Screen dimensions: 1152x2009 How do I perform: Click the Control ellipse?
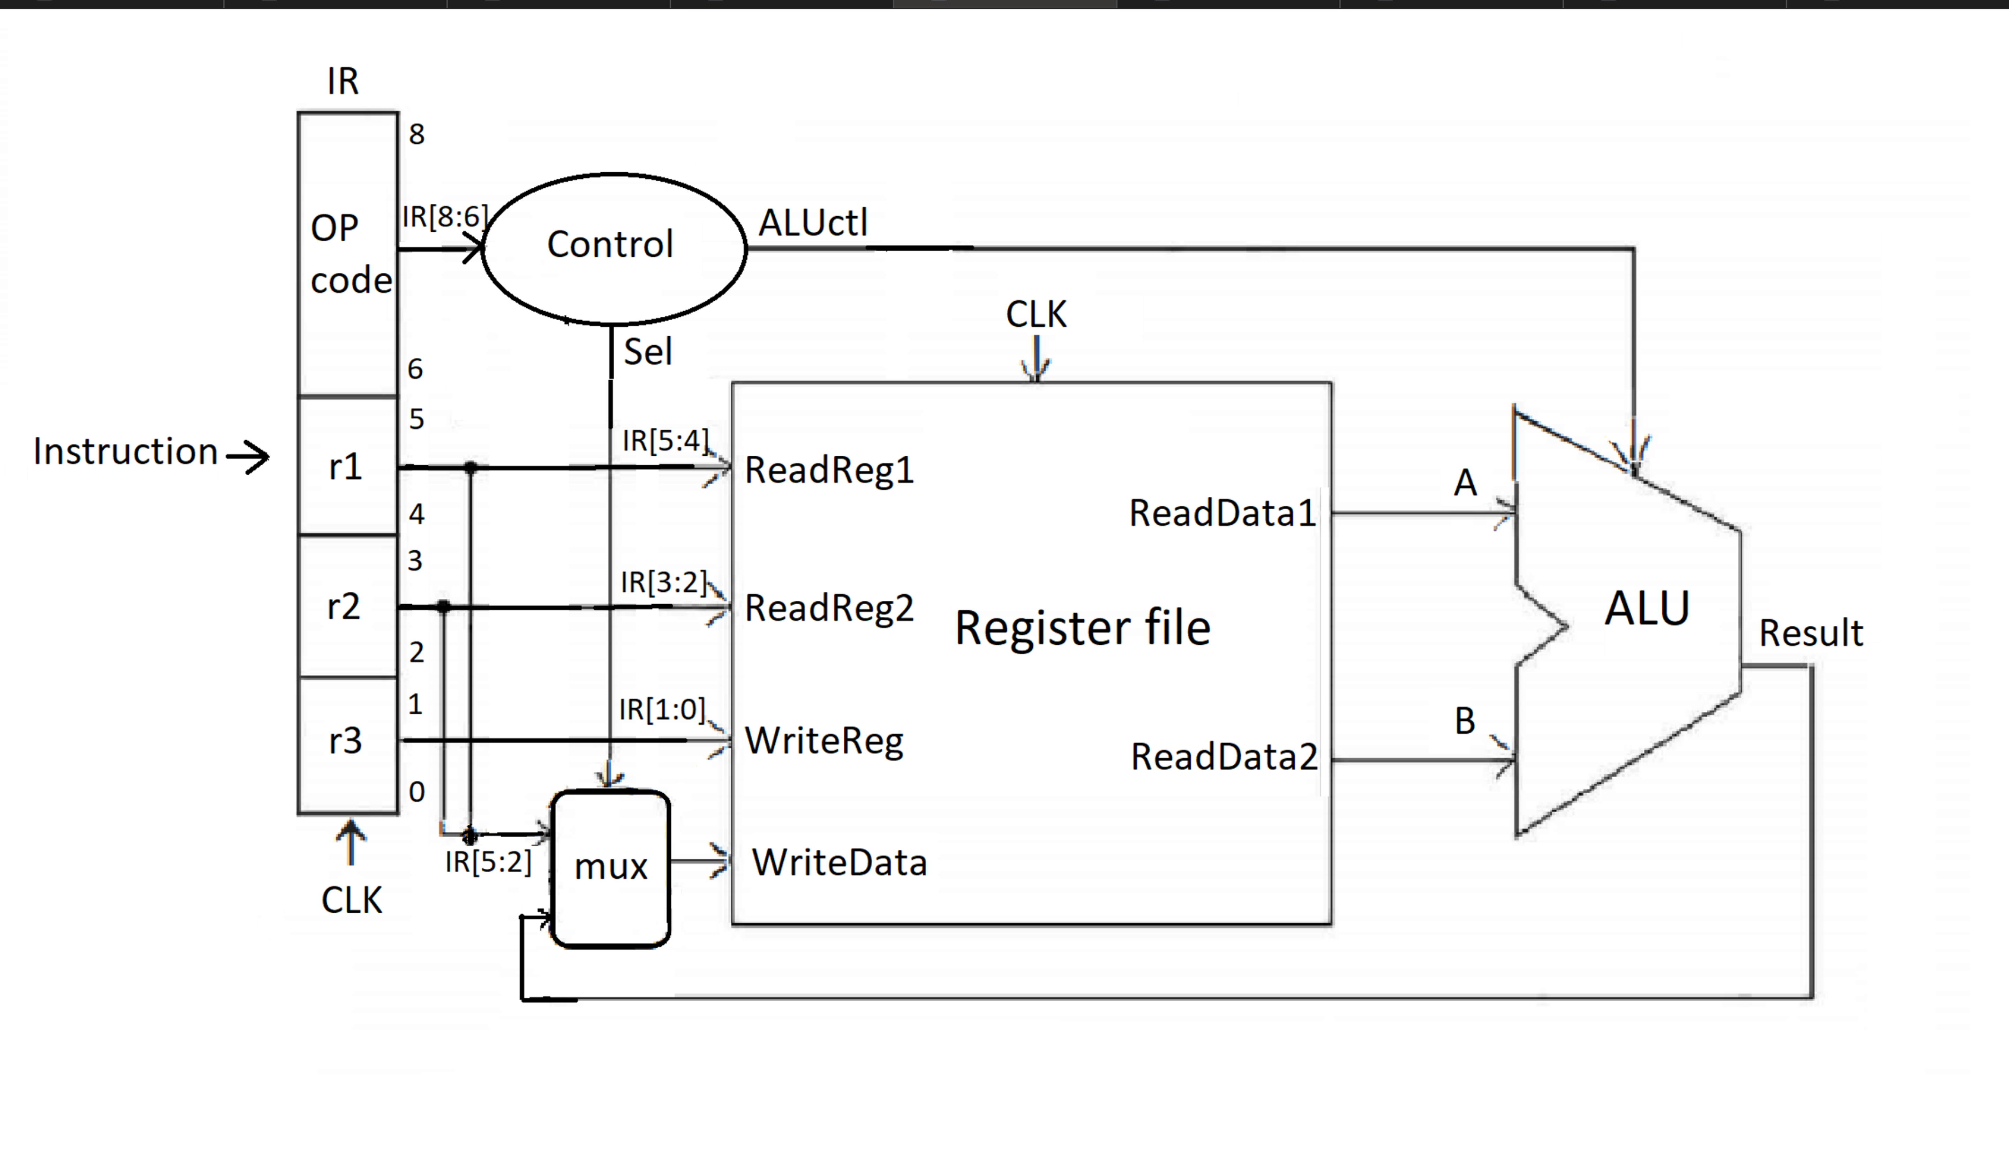[x=613, y=247]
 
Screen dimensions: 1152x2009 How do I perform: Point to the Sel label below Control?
[x=647, y=351]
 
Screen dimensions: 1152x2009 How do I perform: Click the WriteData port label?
[x=838, y=862]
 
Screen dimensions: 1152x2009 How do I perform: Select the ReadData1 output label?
[x=1222, y=513]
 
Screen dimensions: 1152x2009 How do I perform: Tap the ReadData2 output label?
[x=1224, y=756]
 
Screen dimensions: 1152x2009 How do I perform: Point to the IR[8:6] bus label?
[x=444, y=216]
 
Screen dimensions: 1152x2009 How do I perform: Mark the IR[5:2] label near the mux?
[x=488, y=862]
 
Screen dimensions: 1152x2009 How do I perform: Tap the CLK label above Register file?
[x=1035, y=314]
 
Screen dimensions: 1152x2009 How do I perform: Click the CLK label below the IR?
[x=351, y=900]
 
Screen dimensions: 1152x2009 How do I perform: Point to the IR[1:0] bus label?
[x=661, y=709]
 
